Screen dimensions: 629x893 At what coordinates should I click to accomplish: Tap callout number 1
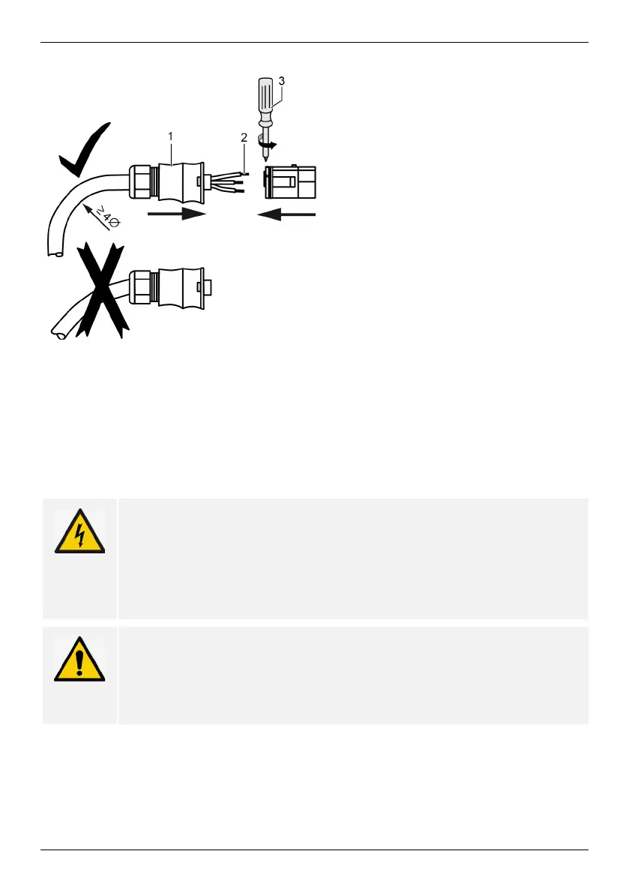171,136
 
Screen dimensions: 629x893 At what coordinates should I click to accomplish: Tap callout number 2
244,138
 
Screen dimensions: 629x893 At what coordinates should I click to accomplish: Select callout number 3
282,79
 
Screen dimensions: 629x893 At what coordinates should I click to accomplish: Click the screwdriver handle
269,102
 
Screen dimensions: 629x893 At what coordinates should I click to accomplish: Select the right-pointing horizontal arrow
177,215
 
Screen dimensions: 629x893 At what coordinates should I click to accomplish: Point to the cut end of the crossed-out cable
56,331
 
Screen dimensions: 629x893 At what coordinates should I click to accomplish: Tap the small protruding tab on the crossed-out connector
208,288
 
